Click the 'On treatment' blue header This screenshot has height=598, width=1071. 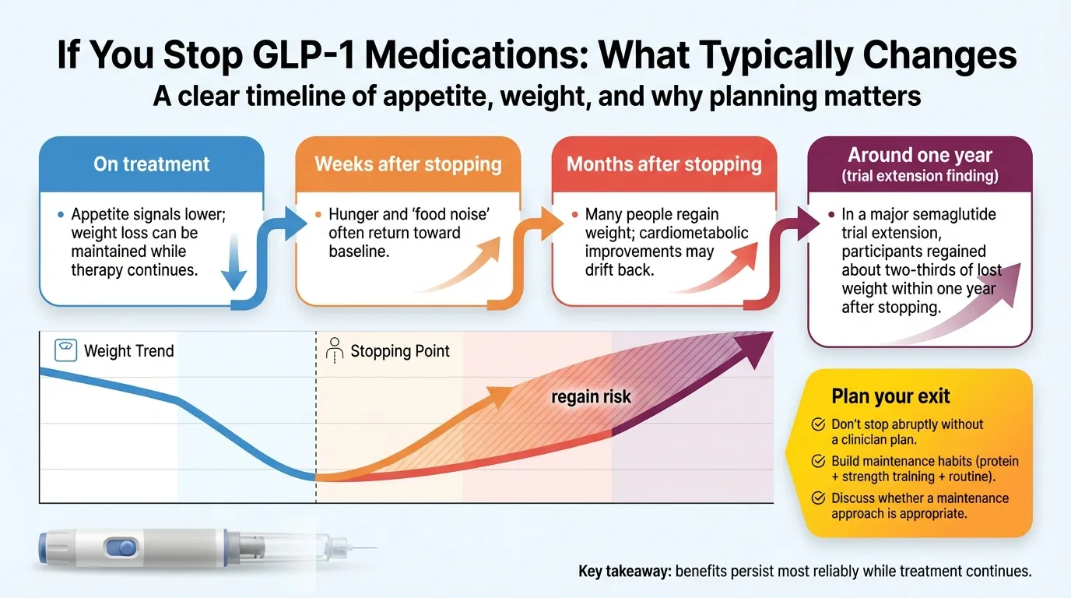click(x=152, y=164)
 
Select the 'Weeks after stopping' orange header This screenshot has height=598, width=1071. click(x=408, y=164)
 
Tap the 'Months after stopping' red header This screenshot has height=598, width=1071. click(x=664, y=164)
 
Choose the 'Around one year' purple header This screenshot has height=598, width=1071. click(x=919, y=155)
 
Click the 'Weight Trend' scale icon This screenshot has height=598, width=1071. click(x=66, y=350)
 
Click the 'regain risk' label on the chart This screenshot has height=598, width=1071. click(x=591, y=397)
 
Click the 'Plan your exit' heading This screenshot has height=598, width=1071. click(x=890, y=396)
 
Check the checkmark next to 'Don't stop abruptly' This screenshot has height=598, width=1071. click(x=818, y=424)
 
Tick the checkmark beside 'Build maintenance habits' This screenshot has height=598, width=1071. click(x=818, y=461)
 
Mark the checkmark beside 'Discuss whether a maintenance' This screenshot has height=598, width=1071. click(x=818, y=498)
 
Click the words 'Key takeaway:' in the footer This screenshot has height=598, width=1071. click(x=624, y=572)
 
